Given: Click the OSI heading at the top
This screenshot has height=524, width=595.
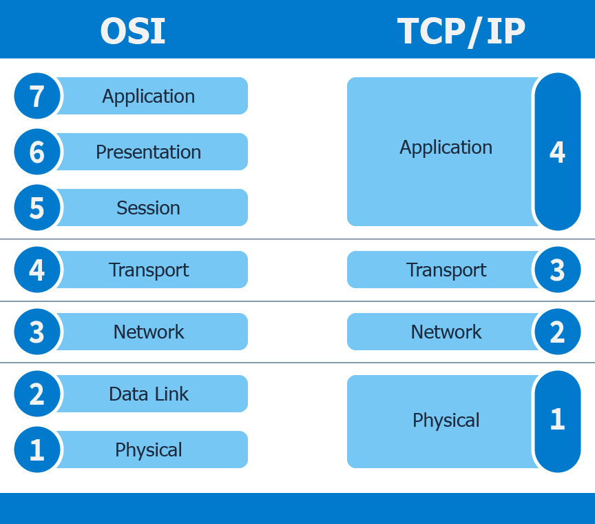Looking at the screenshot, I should coord(133,31).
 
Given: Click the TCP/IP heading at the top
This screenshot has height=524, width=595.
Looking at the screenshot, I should coord(461,31).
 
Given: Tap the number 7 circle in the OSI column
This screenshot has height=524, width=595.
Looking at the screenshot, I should coord(37,96).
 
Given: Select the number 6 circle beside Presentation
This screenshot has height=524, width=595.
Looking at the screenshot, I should coord(37,152).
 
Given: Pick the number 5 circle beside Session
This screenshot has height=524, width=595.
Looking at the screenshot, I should coord(37,208).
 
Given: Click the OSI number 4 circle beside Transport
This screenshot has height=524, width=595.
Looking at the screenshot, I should coord(37,270).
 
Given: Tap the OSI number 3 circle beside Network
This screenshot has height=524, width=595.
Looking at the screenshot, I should coord(37,332).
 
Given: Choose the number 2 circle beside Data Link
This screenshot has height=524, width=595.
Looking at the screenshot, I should coord(37,394).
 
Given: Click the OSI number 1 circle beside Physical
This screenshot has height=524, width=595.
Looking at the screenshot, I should coord(37,450).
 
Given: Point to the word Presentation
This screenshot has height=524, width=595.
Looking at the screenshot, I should coord(149,152).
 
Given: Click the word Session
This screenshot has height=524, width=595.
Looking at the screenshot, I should coord(149,208).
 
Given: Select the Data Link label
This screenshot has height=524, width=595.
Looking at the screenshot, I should coord(149,394).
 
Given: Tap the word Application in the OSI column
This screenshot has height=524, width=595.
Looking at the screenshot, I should coord(149,96).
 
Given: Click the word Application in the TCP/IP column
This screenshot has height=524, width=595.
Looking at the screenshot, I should coord(446,147).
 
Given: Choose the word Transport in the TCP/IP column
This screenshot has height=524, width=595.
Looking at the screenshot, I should coord(446,270).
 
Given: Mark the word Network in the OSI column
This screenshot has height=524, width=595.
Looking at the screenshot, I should coord(149,332).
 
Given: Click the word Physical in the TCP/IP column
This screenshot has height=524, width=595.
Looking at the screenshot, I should coord(446,420).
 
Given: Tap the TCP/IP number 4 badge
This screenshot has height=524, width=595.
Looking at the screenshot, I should coord(557,152).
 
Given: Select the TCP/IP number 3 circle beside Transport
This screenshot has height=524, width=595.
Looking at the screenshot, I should coord(557,270).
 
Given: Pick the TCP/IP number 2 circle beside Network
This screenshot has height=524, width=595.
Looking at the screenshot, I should coord(557,332).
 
